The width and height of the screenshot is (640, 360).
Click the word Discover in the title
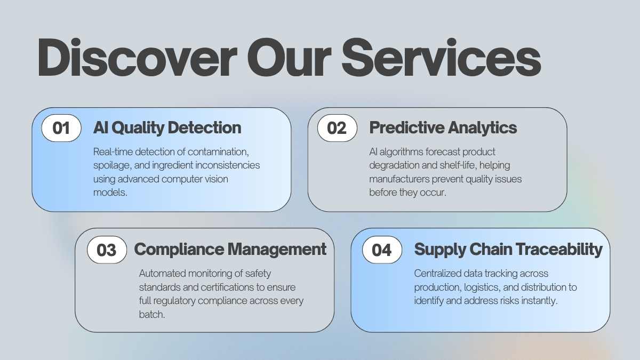[138, 58]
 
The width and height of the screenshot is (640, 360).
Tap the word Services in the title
[441, 58]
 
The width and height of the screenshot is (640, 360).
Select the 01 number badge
[61, 128]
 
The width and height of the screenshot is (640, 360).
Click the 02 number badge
[337, 128]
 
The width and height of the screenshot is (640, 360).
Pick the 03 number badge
[107, 250]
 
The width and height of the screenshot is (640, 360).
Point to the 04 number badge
[382, 250]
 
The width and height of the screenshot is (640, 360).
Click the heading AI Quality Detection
[167, 127]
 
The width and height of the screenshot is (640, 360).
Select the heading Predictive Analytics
[443, 127]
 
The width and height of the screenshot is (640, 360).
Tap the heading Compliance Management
[230, 250]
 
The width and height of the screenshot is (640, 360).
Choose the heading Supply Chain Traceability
[508, 250]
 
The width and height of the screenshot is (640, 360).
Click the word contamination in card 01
[218, 151]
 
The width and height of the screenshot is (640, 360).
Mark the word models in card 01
[110, 193]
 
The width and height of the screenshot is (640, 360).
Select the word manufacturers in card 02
[399, 179]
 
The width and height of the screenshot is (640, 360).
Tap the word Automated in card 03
[162, 274]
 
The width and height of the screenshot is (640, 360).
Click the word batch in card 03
[152, 314]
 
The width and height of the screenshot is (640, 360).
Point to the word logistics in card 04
[482, 287]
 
